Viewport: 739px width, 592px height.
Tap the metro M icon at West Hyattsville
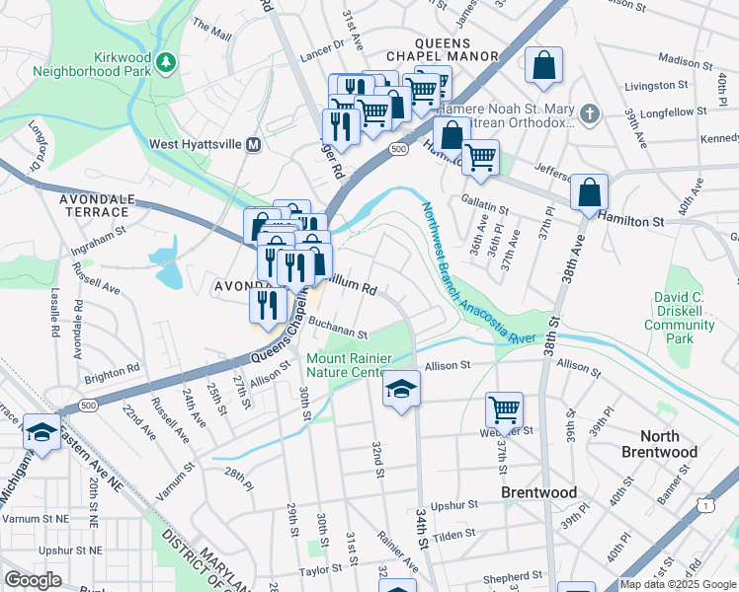tap(254, 144)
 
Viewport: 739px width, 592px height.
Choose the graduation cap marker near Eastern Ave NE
tap(41, 431)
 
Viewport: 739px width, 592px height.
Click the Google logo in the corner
tap(34, 580)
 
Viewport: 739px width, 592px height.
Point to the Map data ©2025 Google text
tap(678, 584)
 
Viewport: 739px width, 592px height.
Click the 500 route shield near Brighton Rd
tap(88, 406)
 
